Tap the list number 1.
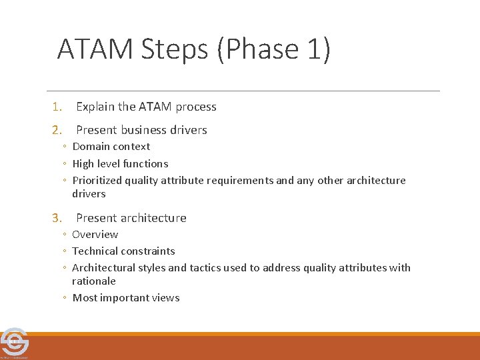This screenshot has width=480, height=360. point(57,107)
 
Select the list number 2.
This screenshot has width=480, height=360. point(57,130)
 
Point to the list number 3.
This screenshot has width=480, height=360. point(57,218)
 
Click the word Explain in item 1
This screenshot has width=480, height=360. point(95,107)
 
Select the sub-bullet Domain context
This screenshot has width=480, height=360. point(111,147)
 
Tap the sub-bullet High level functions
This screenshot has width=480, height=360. point(120,163)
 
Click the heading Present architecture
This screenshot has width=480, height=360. point(131,218)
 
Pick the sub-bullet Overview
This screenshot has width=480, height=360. point(95,235)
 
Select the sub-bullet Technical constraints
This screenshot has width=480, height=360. point(123,251)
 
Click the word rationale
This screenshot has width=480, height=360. point(94,281)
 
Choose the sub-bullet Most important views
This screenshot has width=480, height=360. point(125,298)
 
